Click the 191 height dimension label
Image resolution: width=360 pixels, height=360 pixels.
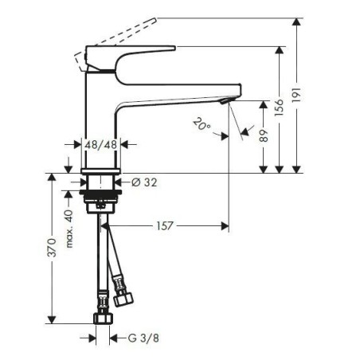297,95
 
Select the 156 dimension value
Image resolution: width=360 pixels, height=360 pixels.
279,108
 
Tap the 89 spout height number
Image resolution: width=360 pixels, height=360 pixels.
264,135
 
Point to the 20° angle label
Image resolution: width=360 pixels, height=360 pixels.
202,124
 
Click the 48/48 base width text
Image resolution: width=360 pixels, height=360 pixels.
101,145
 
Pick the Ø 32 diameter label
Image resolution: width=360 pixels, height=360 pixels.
144,182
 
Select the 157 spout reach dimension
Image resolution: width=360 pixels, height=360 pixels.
165,226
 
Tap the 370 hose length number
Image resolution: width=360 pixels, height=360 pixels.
52,248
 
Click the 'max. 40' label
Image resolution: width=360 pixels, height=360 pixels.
69,229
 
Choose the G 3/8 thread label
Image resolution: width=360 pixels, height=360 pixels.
143,338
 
